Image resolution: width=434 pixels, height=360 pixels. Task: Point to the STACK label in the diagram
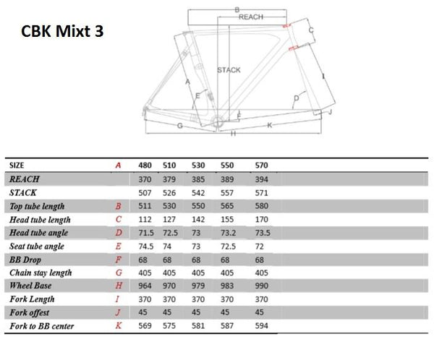pyautogui.click(x=229, y=70)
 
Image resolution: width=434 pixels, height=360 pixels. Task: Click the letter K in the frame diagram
pyautogui.click(x=268, y=125)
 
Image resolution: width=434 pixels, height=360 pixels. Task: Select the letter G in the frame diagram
pyautogui.click(x=178, y=126)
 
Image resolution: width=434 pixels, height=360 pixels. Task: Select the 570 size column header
pyautogui.click(x=262, y=165)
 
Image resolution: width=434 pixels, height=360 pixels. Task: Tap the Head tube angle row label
pyautogui.click(x=39, y=232)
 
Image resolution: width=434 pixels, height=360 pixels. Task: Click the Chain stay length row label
pyautogui.click(x=41, y=273)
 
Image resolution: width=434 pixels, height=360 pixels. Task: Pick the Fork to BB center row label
pyautogui.click(x=41, y=326)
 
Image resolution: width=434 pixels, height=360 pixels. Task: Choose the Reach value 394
pyautogui.click(x=262, y=179)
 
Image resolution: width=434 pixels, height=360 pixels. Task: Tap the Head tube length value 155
pyautogui.click(x=232, y=219)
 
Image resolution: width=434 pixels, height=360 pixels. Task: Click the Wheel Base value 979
pyautogui.click(x=204, y=286)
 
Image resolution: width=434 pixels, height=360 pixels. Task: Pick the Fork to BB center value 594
pyautogui.click(x=262, y=326)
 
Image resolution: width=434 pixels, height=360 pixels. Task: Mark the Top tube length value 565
pyautogui.click(x=232, y=206)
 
